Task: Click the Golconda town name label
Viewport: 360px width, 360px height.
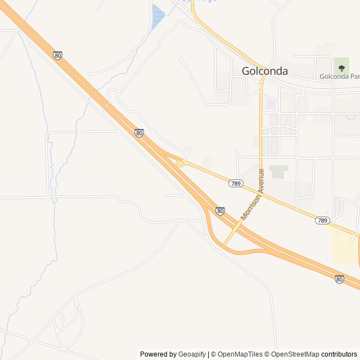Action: point(264,71)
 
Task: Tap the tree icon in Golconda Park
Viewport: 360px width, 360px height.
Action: point(341,68)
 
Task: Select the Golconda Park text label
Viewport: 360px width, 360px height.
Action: point(339,76)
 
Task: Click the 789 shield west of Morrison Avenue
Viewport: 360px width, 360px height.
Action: point(236,183)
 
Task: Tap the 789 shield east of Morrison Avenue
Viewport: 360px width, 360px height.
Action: point(322,220)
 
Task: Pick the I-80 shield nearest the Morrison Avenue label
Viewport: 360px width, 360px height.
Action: point(220,211)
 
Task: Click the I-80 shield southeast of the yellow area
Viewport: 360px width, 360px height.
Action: point(339,278)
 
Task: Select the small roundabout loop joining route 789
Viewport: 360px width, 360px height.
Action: point(181,163)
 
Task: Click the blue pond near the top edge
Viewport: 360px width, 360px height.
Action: point(157,16)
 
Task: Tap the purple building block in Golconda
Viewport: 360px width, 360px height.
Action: point(271,105)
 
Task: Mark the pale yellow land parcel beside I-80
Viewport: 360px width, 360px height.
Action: point(344,248)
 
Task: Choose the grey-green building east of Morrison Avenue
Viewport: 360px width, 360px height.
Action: point(278,171)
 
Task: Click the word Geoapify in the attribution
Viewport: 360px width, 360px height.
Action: point(192,354)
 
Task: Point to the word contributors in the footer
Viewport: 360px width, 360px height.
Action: point(339,354)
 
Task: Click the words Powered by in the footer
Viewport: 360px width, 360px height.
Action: point(158,354)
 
